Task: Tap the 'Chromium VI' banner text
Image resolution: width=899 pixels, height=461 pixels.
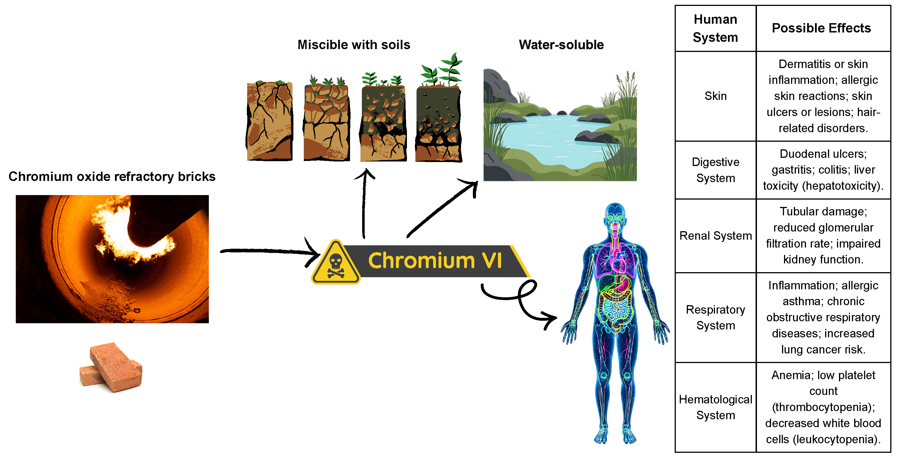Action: tap(435, 261)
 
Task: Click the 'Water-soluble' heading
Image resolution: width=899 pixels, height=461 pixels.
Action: tap(561, 45)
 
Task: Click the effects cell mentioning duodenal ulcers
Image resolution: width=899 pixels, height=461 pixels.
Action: tap(823, 170)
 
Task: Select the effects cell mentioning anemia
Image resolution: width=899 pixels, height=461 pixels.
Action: tap(823, 407)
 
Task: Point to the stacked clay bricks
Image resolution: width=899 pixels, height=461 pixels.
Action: tap(111, 367)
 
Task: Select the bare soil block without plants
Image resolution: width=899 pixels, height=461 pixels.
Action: tap(269, 121)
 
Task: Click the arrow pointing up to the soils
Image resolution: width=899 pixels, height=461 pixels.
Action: tap(364, 203)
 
